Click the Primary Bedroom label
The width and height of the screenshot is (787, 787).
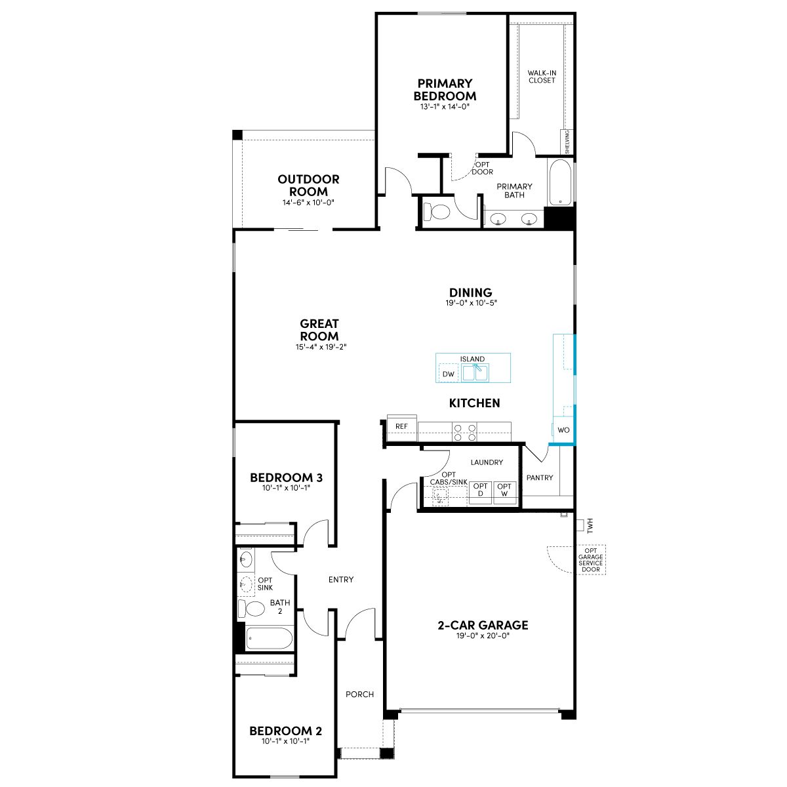coord(445,90)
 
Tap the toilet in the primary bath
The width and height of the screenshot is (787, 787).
coord(437,212)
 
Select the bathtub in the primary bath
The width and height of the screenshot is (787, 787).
coord(559,182)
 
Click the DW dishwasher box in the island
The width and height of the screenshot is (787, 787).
coord(449,374)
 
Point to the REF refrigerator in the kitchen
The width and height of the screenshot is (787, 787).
coord(401,428)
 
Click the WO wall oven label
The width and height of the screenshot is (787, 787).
coord(563,430)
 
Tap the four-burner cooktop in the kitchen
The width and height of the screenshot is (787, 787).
coord(465,432)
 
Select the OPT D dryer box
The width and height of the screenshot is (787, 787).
coord(480,493)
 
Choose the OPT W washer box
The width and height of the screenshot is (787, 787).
coord(504,493)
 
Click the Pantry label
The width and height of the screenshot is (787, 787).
coord(540,477)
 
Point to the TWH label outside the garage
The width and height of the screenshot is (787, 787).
coord(590,526)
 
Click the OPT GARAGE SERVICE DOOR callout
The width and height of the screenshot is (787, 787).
coord(590,559)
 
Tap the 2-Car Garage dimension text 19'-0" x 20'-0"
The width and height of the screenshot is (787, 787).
coord(483,636)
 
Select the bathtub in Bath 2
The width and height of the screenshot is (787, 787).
coord(269,638)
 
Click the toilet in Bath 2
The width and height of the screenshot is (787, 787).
coord(251,609)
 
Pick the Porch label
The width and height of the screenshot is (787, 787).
coord(359,695)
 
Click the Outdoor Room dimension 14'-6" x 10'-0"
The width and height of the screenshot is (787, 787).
coord(308,203)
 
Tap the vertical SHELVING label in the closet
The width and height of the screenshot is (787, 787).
coord(567,142)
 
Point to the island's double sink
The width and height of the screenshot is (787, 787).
coord(475,373)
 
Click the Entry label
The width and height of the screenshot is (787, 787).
coord(341,579)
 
